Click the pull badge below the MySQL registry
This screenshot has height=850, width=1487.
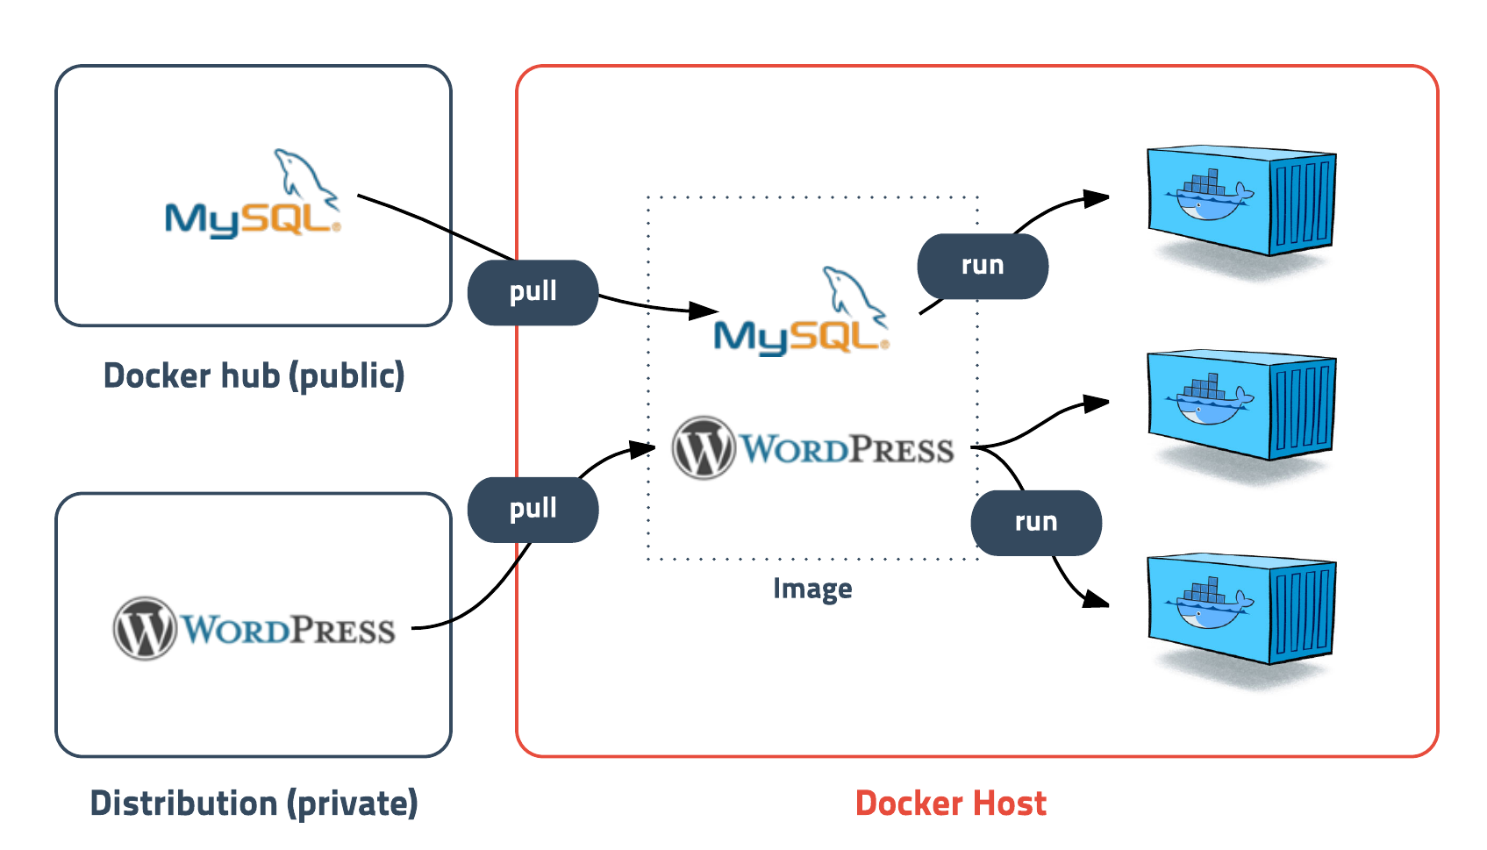click(533, 292)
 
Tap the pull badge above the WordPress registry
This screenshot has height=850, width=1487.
click(533, 510)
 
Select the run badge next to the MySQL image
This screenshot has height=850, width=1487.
click(982, 266)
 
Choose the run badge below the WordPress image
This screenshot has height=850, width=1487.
click(1035, 523)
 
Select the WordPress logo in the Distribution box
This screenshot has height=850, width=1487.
click(254, 629)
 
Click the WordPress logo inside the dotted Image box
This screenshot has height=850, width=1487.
click(813, 448)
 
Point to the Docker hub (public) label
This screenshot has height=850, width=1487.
click(254, 376)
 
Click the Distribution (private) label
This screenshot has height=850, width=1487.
click(254, 804)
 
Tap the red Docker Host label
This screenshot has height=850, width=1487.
click(950, 804)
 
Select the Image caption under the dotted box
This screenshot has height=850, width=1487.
click(812, 589)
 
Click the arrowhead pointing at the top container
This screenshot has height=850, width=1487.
click(1097, 198)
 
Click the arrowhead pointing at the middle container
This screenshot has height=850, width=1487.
click(1097, 404)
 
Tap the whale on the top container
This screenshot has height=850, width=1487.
click(1207, 200)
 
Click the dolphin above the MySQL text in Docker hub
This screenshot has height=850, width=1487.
click(303, 175)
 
